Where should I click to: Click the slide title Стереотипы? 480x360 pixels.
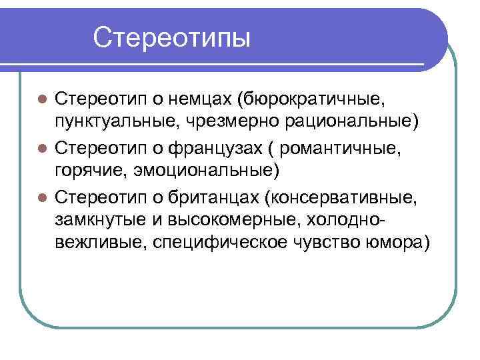tap(172, 37)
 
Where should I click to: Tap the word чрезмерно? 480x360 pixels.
tap(223, 123)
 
